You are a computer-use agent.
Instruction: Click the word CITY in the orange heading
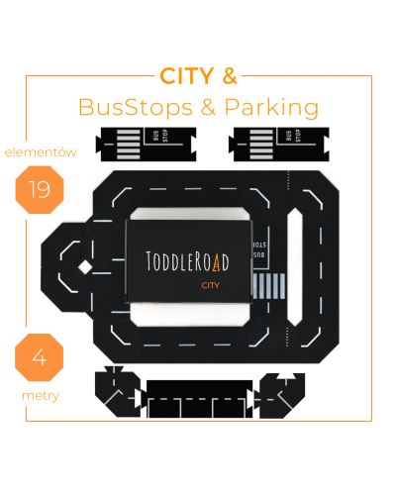187,76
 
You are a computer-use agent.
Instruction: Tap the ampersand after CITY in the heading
230,76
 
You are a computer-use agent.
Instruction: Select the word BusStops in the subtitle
136,107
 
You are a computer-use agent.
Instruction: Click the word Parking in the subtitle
271,108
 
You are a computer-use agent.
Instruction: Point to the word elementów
41,152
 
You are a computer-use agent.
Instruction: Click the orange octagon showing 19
40,190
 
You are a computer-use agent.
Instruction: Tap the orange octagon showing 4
40,357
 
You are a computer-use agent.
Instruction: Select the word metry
41,396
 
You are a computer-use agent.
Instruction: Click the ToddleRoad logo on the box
187,261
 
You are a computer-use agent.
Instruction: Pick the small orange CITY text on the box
211,285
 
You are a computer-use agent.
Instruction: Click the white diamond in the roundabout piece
85,267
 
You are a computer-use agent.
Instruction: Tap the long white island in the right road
294,266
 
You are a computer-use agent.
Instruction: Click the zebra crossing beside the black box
269,286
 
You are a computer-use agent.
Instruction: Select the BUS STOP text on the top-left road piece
160,136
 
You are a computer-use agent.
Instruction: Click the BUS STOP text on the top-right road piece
293,136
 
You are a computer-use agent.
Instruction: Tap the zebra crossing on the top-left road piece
129,145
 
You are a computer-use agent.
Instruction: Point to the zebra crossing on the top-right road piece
261,145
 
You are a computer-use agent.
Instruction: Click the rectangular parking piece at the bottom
199,399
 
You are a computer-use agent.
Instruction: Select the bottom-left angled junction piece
117,392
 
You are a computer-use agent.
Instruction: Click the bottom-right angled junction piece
281,395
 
